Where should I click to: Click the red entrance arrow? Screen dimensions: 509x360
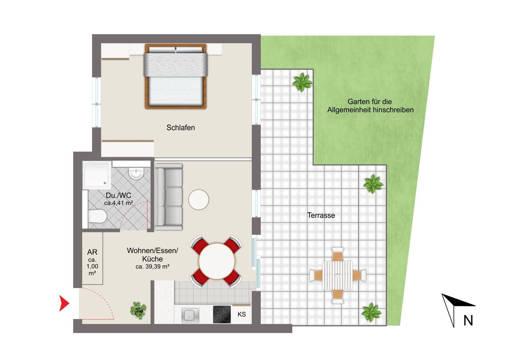[64, 304]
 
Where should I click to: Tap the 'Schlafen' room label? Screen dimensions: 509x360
[181, 128]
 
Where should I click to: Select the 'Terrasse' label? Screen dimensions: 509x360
[321, 215]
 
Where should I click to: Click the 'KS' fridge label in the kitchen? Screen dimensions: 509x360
[241, 315]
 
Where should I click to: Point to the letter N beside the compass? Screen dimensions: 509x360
[468, 321]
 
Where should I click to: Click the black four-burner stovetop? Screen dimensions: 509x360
[222, 314]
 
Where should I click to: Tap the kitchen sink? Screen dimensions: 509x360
[190, 315]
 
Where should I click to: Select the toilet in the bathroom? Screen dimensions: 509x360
[97, 216]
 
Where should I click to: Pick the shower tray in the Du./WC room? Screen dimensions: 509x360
[97, 175]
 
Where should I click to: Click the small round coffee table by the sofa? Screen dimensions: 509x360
[198, 200]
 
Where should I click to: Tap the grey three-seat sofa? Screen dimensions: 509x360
[168, 197]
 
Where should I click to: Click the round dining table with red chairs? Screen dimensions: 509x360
[217, 261]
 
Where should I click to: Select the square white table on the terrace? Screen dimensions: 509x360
[338, 275]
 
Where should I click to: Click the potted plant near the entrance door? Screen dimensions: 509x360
[138, 310]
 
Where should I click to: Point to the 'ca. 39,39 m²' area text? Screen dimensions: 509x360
[152, 267]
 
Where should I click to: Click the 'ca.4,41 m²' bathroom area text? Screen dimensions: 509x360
[119, 203]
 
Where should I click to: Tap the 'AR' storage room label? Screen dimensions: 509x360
[92, 252]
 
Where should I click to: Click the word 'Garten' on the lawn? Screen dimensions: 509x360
[358, 101]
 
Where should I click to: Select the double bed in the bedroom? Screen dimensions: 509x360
[175, 76]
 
